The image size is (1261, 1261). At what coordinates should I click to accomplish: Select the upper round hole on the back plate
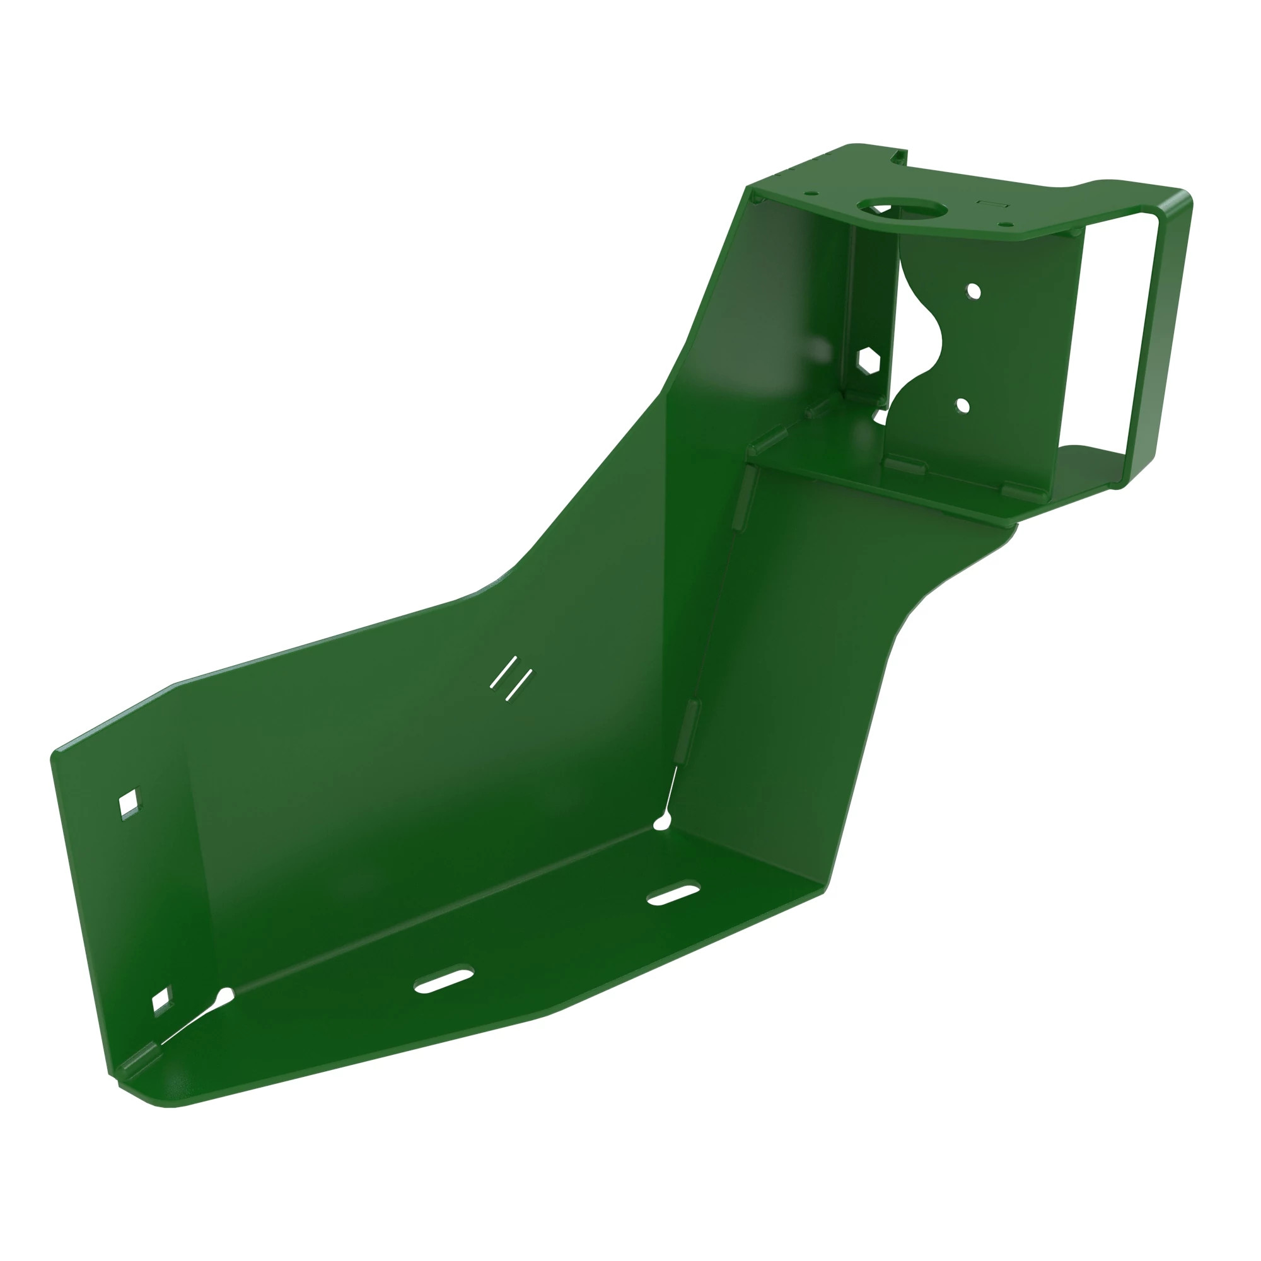point(973,291)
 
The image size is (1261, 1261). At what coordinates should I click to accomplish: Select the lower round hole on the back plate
point(963,406)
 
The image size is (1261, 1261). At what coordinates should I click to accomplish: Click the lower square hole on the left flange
point(162,999)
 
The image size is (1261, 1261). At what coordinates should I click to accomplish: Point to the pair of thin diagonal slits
point(511,679)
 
